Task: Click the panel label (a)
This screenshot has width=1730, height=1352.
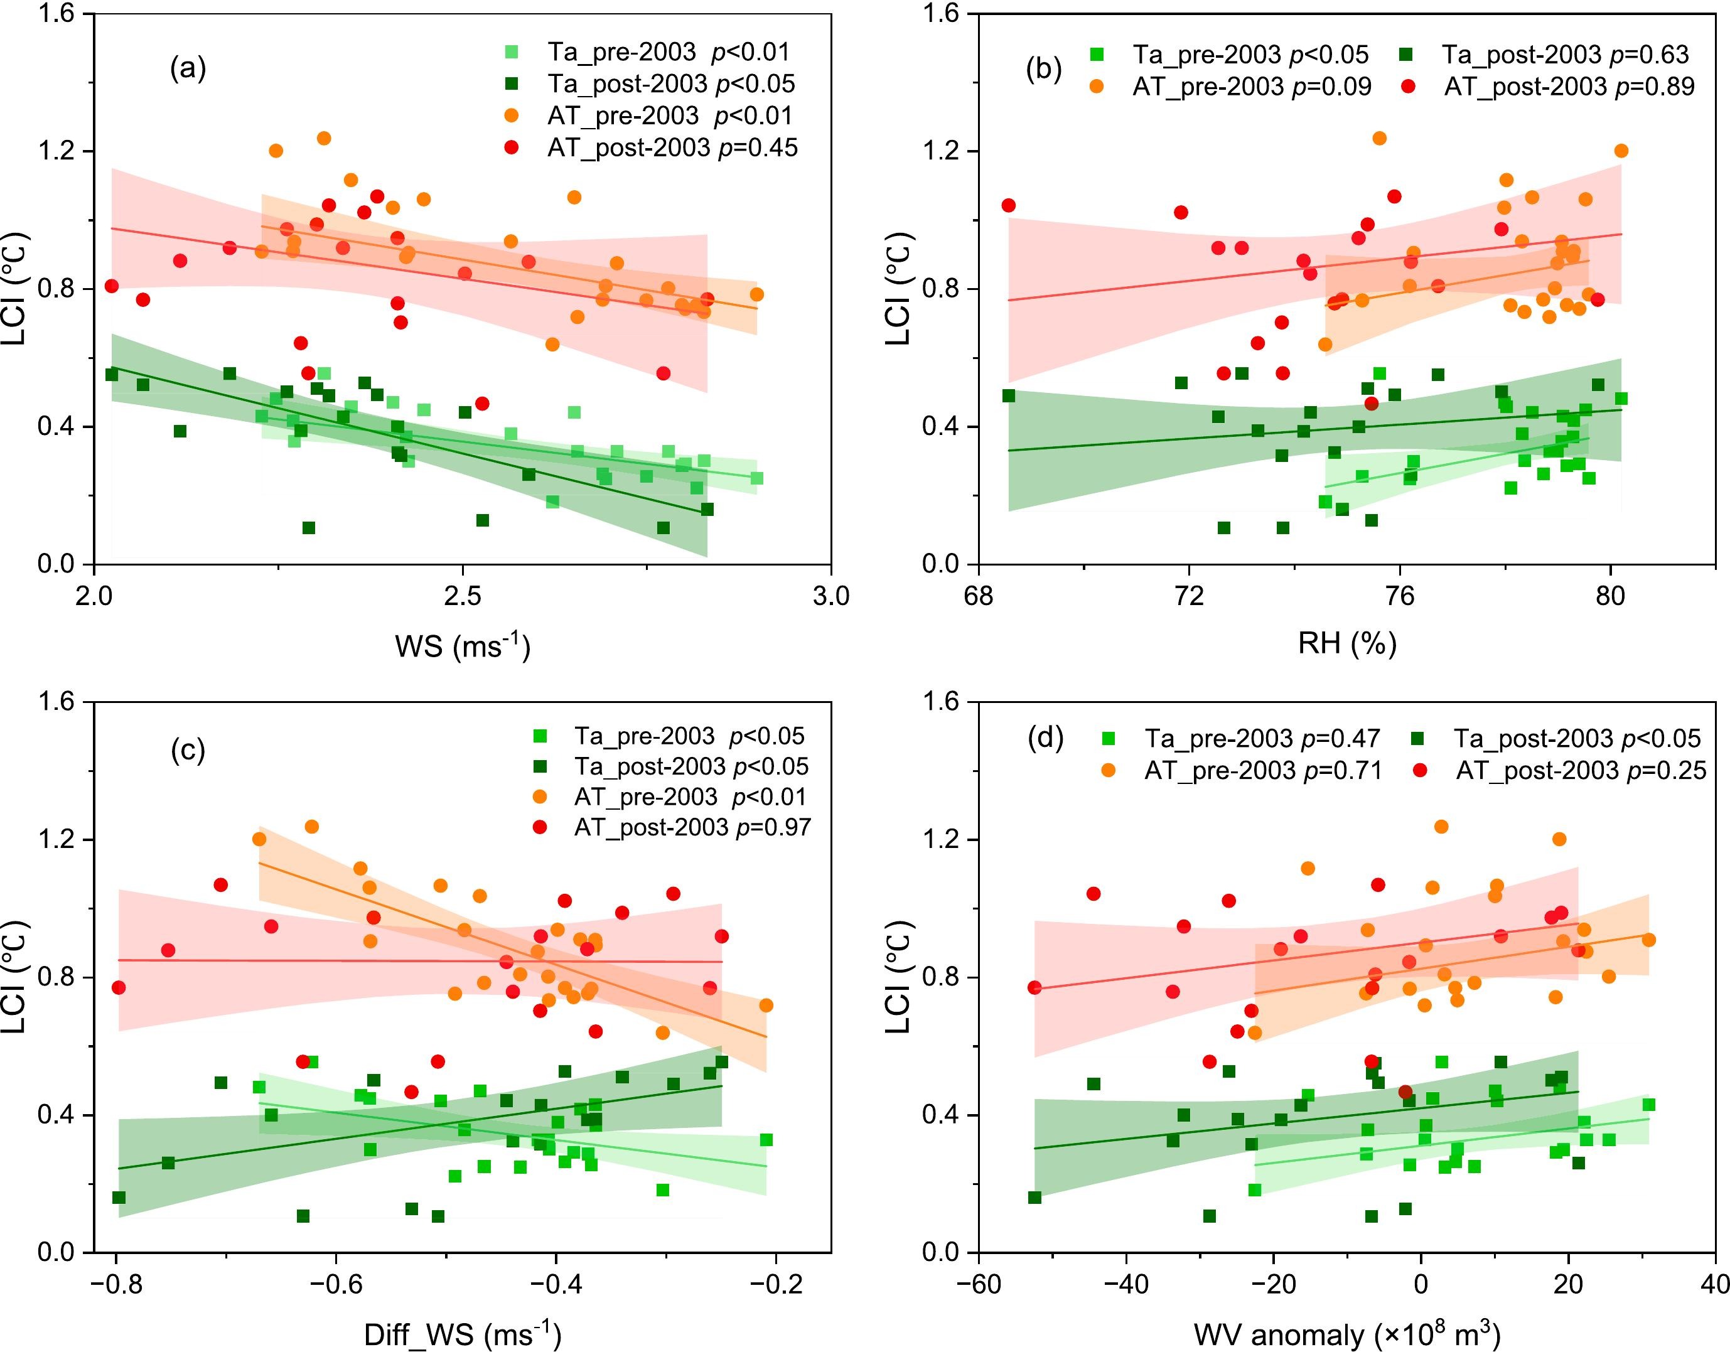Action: pyautogui.click(x=188, y=70)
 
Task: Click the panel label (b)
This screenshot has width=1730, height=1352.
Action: pyautogui.click(x=1043, y=70)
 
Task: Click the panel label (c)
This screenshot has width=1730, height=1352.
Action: pyautogui.click(x=188, y=750)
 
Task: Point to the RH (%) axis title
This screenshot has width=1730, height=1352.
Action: pyautogui.click(x=1346, y=643)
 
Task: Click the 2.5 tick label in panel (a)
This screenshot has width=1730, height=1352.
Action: pyautogui.click(x=463, y=596)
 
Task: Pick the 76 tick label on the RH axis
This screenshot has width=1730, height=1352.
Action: pyautogui.click(x=1400, y=596)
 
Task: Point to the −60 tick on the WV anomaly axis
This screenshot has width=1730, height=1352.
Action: pyautogui.click(x=979, y=1284)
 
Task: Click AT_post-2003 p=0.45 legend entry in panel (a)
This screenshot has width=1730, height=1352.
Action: pyautogui.click(x=672, y=148)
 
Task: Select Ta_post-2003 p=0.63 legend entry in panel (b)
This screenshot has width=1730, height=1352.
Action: pyautogui.click(x=1564, y=54)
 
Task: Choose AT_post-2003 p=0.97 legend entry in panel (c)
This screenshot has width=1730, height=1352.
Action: pyautogui.click(x=692, y=827)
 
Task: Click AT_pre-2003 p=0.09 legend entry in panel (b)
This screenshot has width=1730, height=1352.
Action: pyautogui.click(x=1252, y=87)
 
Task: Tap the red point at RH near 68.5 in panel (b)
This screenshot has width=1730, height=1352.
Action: pyautogui.click(x=1008, y=206)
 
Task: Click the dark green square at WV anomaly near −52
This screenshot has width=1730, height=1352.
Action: pyautogui.click(x=1034, y=1198)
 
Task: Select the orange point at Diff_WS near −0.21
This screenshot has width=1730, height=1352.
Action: pyautogui.click(x=766, y=1005)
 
